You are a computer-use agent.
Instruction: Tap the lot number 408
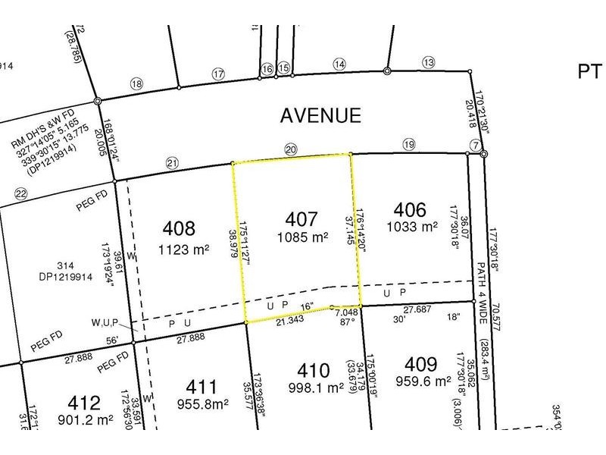[x=179, y=228]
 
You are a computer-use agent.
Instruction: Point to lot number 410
[x=313, y=371]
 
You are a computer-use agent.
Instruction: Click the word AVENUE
[x=320, y=115]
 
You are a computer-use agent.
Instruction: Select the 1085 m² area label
[x=301, y=237]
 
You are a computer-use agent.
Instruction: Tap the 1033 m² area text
[x=412, y=227]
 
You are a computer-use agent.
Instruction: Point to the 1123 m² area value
[x=183, y=249]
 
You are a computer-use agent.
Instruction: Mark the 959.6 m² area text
[x=423, y=382]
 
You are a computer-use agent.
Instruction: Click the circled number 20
[x=290, y=150]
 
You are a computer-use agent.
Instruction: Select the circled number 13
[x=429, y=62]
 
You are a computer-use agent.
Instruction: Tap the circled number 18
[x=136, y=84]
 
